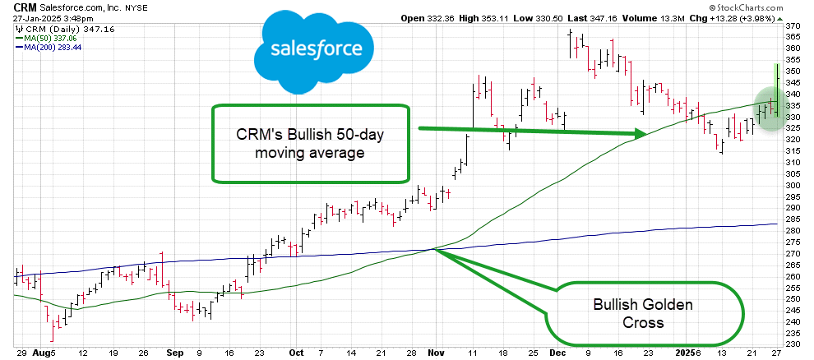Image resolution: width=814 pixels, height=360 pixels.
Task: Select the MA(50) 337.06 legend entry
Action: tap(46, 38)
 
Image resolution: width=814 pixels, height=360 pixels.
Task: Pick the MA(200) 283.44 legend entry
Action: tap(48, 47)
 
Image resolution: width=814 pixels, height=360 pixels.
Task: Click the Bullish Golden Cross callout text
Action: tap(643, 313)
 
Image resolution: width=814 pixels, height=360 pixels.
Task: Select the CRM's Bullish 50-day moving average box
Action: tap(311, 143)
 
